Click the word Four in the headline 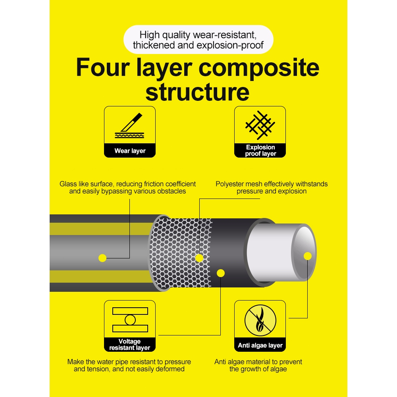103,67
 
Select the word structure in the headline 197,92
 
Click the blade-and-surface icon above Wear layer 130,125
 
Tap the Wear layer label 130,151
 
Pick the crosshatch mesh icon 260,125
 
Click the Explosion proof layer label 260,150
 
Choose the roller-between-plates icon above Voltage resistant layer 130,320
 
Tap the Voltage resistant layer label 130,345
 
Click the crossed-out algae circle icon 260,320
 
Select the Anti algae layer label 260,345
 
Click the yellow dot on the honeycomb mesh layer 199,258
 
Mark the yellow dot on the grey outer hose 102,258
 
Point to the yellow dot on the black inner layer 221,273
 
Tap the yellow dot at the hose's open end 308,256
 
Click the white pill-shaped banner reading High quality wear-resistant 198,39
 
